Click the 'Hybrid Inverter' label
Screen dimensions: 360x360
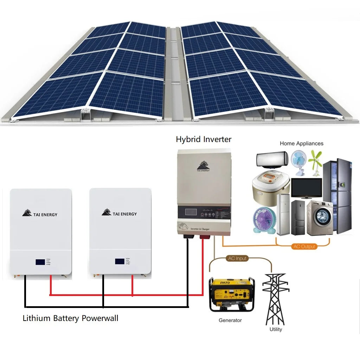204,139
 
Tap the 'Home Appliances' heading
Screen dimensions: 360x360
301,143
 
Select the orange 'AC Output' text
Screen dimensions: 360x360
304,246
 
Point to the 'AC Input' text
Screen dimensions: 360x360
237,258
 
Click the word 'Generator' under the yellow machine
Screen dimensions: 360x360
230,320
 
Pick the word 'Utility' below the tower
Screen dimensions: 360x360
276,329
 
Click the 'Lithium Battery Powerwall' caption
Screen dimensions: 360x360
70,319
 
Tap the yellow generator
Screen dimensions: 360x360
231,294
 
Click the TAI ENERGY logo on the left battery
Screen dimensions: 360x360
40,214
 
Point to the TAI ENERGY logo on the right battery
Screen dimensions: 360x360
120,213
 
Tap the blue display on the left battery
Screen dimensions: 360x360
40,262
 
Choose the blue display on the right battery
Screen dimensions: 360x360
120,262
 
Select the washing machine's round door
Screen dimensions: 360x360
321,218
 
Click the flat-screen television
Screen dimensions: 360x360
306,188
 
